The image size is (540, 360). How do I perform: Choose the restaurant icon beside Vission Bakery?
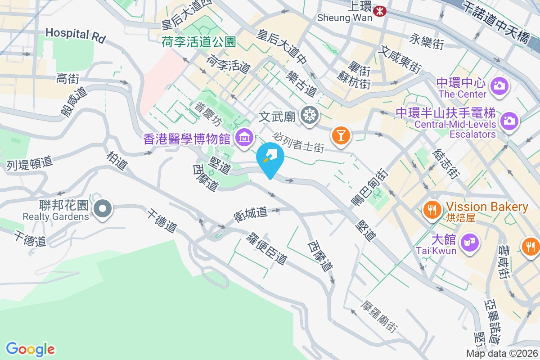click(432, 209)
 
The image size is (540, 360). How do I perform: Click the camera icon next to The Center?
click(499, 85)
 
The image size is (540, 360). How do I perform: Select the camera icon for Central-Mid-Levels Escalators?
click(509, 120)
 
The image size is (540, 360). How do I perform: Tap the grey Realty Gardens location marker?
click(103, 209)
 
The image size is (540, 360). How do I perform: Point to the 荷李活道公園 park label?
click(199, 42)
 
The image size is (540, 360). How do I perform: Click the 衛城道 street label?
click(251, 213)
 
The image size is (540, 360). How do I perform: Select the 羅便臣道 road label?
click(266, 249)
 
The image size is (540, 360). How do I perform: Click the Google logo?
click(31, 349)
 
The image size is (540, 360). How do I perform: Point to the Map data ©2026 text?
click(502, 354)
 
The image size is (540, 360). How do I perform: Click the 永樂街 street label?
click(427, 42)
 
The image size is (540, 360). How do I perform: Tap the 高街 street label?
click(68, 79)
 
